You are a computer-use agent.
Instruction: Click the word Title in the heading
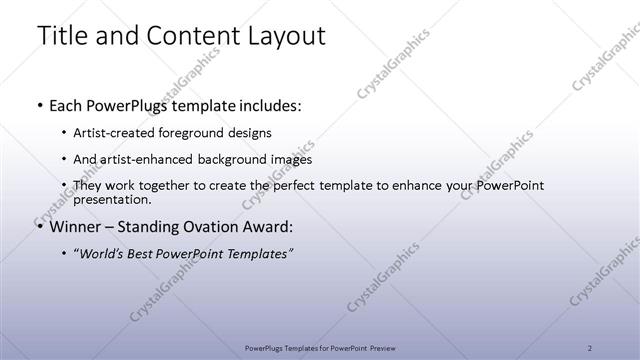tap(63, 37)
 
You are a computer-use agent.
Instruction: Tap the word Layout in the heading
tap(281, 37)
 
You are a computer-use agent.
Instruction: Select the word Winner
tap(78, 225)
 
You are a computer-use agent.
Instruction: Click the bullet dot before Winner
tap(39, 226)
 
